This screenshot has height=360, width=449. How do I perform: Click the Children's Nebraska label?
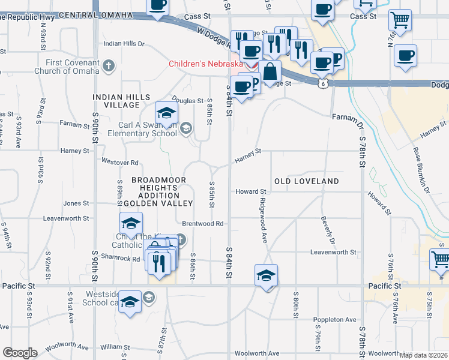(205, 64)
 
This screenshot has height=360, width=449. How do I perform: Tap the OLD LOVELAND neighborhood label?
(306, 181)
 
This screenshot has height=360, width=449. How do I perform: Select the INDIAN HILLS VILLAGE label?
(116, 101)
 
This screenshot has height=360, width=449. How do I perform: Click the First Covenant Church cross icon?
(109, 65)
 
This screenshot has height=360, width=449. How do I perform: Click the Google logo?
(20, 353)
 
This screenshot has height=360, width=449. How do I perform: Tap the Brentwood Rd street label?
(203, 224)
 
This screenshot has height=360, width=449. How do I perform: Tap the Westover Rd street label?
(120, 163)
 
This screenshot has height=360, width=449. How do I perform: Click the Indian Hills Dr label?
(124, 44)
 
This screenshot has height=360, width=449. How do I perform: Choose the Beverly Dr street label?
(327, 230)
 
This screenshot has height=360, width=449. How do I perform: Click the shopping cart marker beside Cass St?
(399, 20)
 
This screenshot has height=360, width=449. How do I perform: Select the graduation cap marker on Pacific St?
(266, 275)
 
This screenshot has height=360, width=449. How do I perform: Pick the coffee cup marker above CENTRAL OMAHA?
(157, 6)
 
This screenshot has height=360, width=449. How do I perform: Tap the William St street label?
(111, 347)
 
